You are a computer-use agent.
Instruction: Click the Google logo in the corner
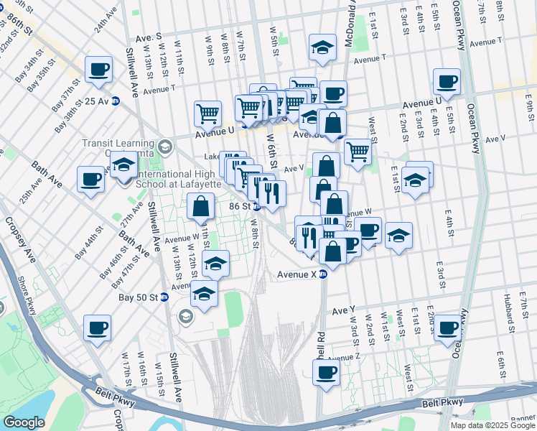pos(24,422)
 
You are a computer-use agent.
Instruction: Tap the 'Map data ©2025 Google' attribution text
pos(492,425)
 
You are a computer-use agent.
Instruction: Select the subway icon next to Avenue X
pos(323,274)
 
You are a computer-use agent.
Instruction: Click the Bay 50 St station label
pos(140,297)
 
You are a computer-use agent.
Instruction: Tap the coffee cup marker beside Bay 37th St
pos(99,70)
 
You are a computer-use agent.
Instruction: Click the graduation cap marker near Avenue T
pos(323,48)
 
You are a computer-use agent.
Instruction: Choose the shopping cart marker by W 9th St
pos(207,113)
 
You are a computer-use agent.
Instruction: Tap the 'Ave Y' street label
pos(344,310)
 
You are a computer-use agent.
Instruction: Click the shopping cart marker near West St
pos(358,152)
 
